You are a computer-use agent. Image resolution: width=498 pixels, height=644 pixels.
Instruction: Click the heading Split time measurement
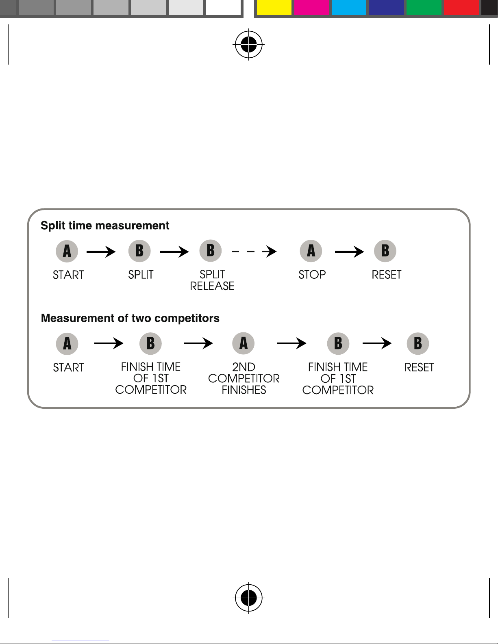coord(105,226)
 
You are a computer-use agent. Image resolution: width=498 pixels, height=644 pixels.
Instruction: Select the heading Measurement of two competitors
coord(130,318)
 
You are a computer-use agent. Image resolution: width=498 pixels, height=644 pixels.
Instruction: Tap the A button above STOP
coord(311,251)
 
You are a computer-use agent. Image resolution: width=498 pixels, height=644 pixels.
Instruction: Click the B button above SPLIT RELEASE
coord(211,251)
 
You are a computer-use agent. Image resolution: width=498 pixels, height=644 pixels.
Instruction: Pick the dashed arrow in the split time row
coord(254,252)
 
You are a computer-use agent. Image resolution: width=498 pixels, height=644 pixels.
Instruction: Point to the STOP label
coord(312,275)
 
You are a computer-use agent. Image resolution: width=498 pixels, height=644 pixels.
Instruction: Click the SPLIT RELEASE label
coord(212,280)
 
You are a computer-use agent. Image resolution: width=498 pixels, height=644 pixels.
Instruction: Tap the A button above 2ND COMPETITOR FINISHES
coord(244,343)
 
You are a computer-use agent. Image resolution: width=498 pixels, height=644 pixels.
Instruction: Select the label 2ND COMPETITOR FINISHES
coord(244,378)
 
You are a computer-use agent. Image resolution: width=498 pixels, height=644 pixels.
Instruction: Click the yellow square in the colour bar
coord(274,7)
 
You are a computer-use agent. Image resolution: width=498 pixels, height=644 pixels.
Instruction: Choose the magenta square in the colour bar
coord(311,7)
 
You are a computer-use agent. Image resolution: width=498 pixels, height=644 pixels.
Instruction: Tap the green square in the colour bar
coord(424,7)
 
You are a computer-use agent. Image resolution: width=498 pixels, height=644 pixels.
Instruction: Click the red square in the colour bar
coord(461,7)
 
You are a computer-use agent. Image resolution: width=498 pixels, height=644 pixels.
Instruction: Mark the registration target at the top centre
coord(249,45)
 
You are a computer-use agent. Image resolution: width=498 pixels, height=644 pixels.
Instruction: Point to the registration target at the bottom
coord(249,598)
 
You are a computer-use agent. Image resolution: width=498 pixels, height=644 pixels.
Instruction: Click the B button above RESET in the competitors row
coord(418,343)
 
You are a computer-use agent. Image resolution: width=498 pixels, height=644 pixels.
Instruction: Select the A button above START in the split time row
coord(67,252)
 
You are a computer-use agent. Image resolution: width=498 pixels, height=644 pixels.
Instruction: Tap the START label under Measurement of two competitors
coord(68,367)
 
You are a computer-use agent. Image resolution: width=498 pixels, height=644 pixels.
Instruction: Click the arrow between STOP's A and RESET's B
coord(350,252)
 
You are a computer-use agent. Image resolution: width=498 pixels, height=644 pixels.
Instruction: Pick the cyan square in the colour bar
coord(349,7)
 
